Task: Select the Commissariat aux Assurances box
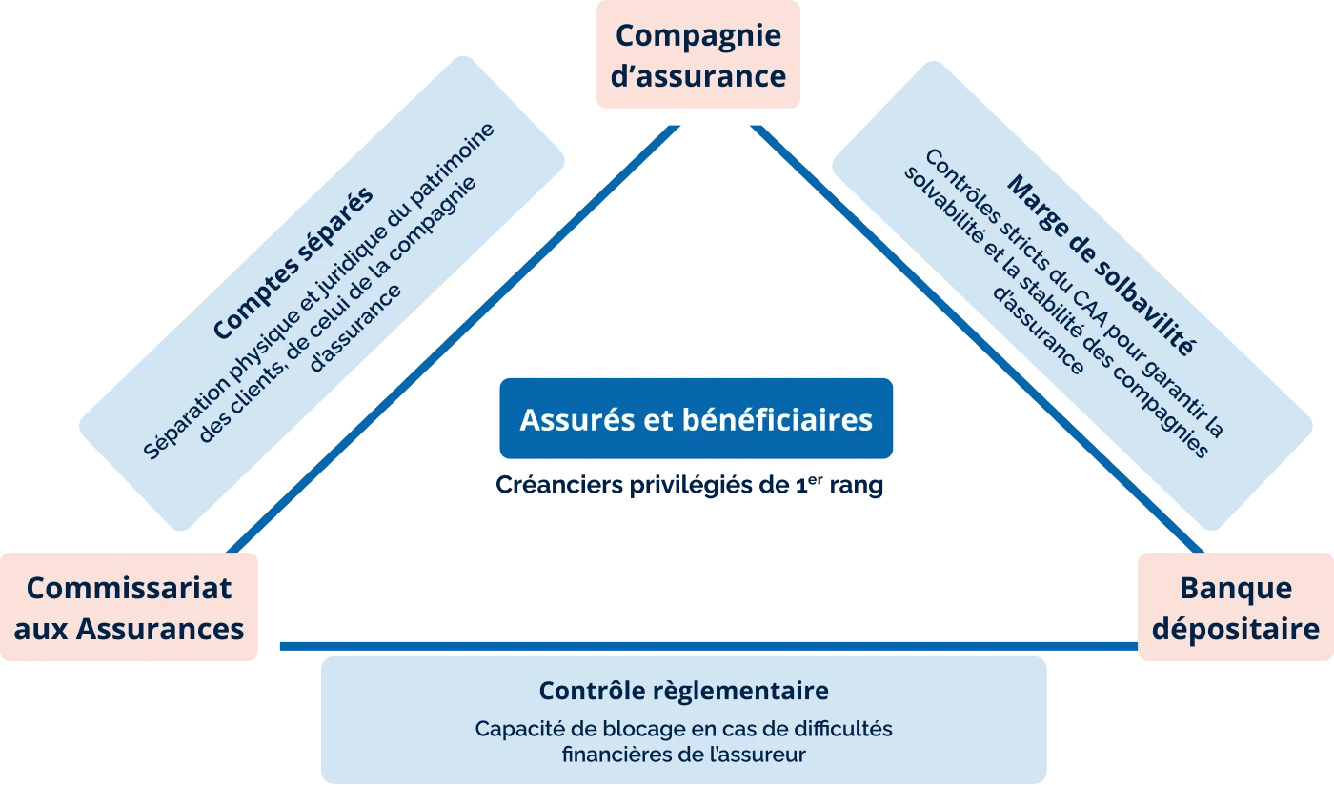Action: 129,607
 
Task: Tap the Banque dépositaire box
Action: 1235,607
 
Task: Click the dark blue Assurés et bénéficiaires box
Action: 696,419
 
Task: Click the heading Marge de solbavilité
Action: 1101,264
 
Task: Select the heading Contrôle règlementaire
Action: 683,690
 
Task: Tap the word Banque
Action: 1236,588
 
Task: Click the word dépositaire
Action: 1236,629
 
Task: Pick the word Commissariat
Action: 129,588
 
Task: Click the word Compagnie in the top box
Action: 697,35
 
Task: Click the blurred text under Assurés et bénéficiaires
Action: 690,484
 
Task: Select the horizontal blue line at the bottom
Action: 705,647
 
